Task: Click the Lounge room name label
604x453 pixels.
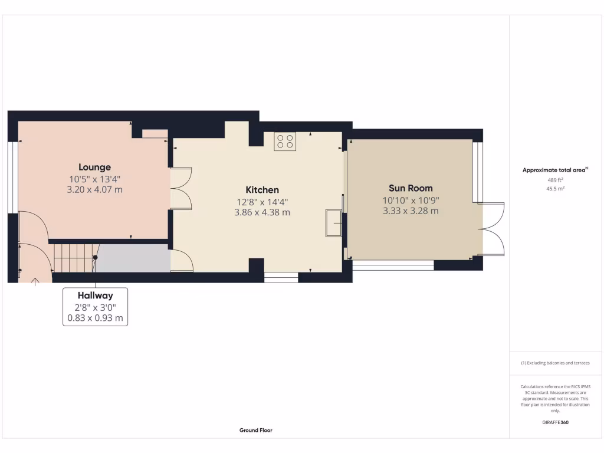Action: [x=94, y=167]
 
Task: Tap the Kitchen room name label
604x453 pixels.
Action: [x=262, y=190]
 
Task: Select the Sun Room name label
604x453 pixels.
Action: [x=411, y=189]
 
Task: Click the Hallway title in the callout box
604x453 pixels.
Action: [x=94, y=296]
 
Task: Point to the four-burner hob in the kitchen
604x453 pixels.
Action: [x=285, y=142]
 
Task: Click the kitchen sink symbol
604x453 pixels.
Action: [x=333, y=223]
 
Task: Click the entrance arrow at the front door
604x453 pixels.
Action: [x=35, y=281]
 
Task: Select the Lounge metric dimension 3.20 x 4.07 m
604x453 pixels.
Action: [x=94, y=189]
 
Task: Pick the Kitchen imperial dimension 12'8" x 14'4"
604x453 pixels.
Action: [x=262, y=201]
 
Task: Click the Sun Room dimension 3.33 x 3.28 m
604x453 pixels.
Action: [x=411, y=211]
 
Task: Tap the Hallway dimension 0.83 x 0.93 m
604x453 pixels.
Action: [x=94, y=318]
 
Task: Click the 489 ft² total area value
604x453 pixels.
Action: [x=554, y=180]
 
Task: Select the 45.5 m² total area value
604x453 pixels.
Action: [x=554, y=189]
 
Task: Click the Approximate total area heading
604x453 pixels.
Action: [x=554, y=170]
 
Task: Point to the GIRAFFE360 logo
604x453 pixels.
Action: [x=555, y=422]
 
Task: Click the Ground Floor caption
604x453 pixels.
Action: [x=256, y=431]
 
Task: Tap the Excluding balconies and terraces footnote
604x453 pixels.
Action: [x=555, y=363]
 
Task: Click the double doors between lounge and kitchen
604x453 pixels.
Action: [x=182, y=189]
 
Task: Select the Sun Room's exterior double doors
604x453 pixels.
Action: [x=493, y=229]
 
